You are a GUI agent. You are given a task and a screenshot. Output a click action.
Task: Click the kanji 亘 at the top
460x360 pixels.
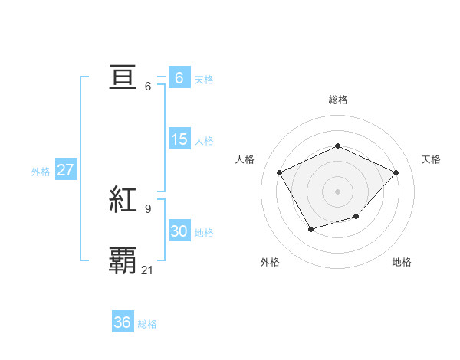[x=123, y=79]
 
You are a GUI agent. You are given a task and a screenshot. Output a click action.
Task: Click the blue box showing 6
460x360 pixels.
[x=179, y=78]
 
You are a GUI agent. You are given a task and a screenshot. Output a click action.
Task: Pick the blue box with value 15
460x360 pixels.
[x=179, y=139]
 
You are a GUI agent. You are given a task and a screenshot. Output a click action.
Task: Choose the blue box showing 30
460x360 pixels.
[x=179, y=231]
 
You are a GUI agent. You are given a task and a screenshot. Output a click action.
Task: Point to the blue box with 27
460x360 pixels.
[x=65, y=170]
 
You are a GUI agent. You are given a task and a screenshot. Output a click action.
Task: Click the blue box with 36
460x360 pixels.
[x=122, y=322]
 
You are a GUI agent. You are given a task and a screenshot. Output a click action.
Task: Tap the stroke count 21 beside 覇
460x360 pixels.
[x=148, y=270]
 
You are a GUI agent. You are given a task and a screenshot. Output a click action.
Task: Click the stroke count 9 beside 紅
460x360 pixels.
[x=148, y=208]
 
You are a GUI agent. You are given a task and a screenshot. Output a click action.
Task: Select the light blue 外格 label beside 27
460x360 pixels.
[x=41, y=172]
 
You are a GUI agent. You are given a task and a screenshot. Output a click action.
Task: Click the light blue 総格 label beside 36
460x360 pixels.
[x=147, y=324]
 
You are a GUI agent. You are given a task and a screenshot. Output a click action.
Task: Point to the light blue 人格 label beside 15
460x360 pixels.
[x=204, y=141]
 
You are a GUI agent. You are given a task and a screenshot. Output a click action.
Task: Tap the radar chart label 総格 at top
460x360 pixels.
[x=337, y=100]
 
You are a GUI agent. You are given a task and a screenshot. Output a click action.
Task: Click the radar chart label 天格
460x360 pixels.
[x=432, y=159]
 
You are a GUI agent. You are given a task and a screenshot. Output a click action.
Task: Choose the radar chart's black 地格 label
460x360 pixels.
[x=402, y=262]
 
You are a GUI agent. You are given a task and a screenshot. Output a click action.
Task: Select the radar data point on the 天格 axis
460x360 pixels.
[x=396, y=172]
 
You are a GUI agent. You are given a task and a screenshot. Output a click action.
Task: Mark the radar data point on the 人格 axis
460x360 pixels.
[x=280, y=172]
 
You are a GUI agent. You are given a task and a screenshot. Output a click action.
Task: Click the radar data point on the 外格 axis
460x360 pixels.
[x=310, y=228]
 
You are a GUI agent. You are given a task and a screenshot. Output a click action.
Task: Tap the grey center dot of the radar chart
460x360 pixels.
[x=337, y=191]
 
